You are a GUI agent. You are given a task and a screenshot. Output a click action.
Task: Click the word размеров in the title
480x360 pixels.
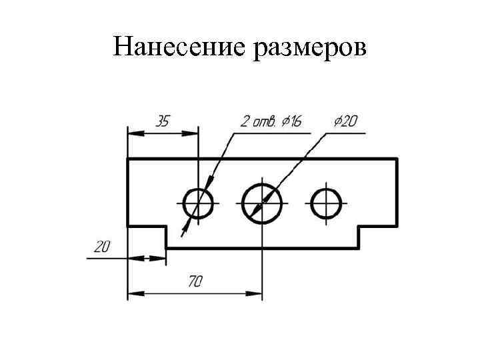pyautogui.click(x=309, y=48)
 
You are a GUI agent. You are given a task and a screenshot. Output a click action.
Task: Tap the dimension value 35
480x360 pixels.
pyautogui.click(x=162, y=121)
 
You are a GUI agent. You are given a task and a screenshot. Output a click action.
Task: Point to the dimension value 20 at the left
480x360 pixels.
pyautogui.click(x=102, y=247)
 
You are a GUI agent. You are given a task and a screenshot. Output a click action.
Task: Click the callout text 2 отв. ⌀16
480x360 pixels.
pyautogui.click(x=271, y=121)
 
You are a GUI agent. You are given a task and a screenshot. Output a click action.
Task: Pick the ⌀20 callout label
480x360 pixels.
pyautogui.click(x=345, y=121)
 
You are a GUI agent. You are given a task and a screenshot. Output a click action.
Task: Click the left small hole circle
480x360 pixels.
pyautogui.click(x=197, y=203)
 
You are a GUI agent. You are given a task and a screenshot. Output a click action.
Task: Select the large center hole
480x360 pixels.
pyautogui.click(x=261, y=203)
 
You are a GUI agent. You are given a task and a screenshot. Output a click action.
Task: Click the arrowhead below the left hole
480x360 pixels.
pyautogui.click(x=186, y=229)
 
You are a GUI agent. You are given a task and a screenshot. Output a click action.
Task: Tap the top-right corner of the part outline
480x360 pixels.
pyautogui.click(x=397, y=159)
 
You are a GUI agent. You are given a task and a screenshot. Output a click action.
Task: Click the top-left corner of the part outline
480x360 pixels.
pyautogui.click(x=128, y=159)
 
